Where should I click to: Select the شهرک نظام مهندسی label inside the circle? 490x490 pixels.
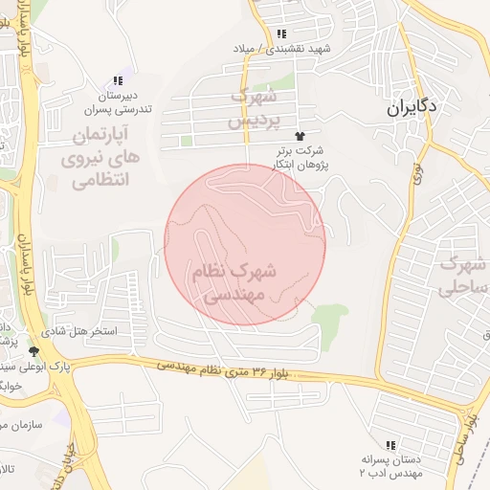(235, 284)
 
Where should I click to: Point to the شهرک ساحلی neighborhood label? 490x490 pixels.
(458, 275)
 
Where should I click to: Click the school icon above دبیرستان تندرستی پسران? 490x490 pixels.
(118, 81)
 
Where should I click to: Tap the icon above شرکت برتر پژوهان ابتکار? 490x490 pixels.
(301, 137)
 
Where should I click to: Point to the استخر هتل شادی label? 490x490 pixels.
(85, 331)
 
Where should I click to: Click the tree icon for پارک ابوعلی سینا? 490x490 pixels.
(34, 351)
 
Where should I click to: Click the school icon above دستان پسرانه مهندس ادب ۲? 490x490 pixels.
(390, 445)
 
